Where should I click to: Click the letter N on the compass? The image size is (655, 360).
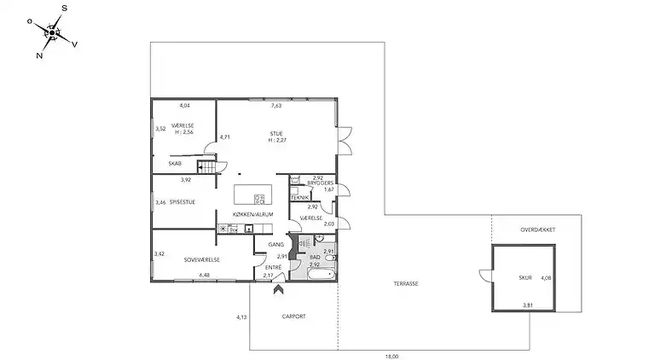(39, 55)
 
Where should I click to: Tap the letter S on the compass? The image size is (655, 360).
(65, 8)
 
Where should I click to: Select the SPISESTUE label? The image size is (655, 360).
(185, 202)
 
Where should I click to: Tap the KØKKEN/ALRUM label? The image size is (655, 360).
(252, 214)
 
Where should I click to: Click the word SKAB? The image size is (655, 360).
(174, 164)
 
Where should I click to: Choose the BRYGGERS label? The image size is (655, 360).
(320, 183)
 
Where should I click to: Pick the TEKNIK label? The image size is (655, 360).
(299, 198)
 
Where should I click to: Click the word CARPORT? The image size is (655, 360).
(293, 316)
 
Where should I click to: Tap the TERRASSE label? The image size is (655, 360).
(405, 284)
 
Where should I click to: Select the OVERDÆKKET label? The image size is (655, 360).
(538, 229)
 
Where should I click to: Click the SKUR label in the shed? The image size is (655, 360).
(525, 277)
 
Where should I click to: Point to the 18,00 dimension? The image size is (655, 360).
(391, 357)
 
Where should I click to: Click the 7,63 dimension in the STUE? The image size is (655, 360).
(275, 106)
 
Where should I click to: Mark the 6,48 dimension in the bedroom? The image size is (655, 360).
(204, 275)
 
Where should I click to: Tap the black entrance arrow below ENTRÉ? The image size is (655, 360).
(277, 290)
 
